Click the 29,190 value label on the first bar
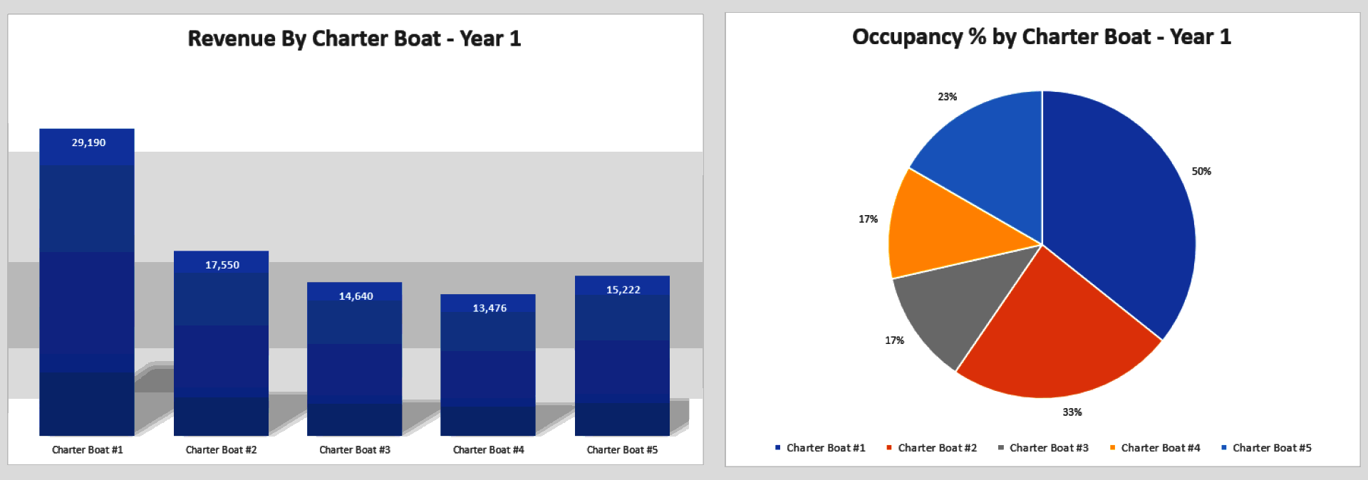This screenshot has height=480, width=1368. pos(88,142)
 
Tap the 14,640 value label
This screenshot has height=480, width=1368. pos(356,296)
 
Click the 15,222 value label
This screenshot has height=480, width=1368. pos(623,289)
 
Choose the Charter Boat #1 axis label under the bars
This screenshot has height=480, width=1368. pos(88,449)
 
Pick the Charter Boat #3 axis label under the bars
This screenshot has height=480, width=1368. pos(355,449)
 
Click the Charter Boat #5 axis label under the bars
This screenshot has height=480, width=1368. pos(622,449)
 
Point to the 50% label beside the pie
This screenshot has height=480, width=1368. pos(1201,171)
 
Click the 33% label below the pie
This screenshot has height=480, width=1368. pos(1072,412)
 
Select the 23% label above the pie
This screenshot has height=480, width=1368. pos(947,96)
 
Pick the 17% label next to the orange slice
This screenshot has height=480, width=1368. pos(868,219)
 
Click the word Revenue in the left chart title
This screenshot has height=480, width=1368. pos(231,38)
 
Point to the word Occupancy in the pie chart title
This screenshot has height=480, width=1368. pos(907,36)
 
